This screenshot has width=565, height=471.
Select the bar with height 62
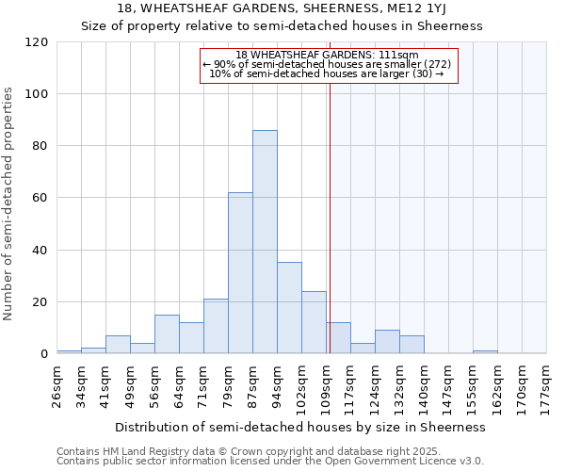[240, 273]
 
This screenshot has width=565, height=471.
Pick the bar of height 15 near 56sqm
[167, 334]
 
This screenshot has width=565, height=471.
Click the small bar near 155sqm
[485, 352]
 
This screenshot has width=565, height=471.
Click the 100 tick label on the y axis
[37, 94]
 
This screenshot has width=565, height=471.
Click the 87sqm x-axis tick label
[253, 384]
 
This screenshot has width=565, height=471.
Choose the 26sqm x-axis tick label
[57, 384]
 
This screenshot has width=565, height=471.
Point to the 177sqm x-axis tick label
[546, 384]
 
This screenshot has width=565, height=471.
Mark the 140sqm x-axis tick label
[424, 384]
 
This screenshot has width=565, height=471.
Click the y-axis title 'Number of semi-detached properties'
[9, 203]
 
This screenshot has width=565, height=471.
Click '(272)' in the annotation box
[437, 64]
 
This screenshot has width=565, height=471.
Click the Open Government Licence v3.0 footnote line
[270, 461]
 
